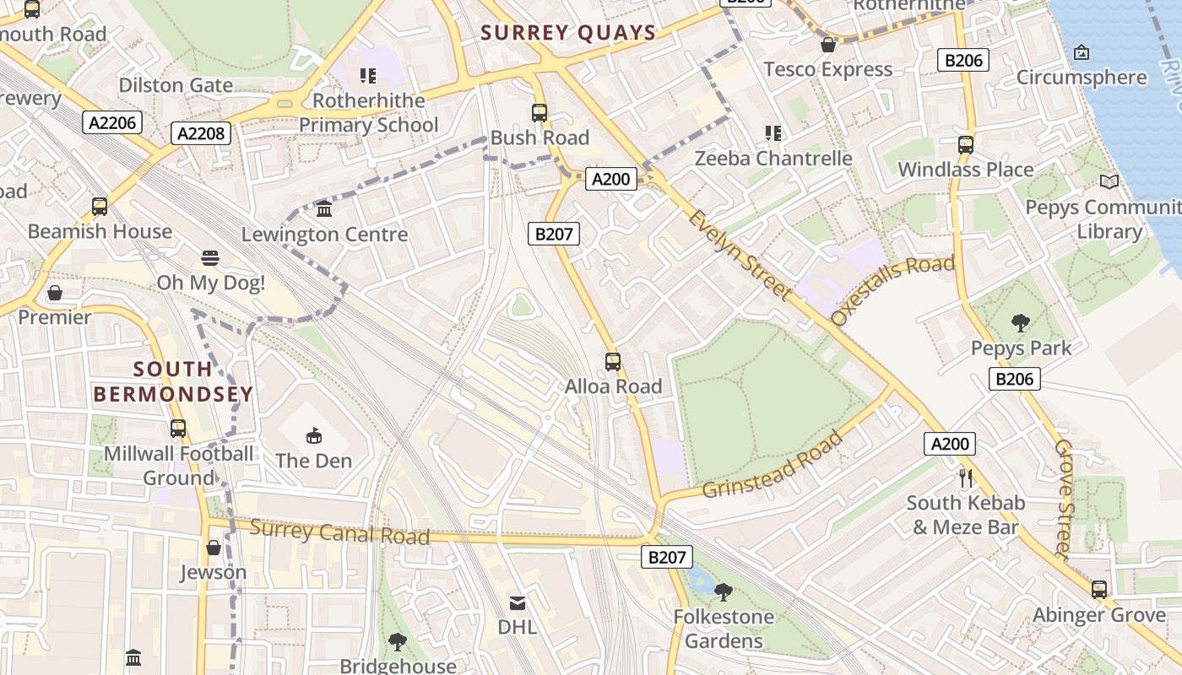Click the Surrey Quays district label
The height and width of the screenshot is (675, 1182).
tap(568, 33)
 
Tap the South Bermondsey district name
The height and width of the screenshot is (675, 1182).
tap(173, 381)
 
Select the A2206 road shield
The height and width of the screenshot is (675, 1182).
tap(112, 123)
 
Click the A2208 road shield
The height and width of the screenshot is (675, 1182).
tap(201, 132)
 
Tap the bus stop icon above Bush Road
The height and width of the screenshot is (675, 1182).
tap(539, 112)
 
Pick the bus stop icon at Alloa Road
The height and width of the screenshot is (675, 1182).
tap(613, 362)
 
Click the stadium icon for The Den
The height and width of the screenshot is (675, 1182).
tap(314, 435)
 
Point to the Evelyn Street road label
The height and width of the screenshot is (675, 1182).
tap(740, 255)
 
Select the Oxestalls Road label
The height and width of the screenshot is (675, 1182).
tap(892, 289)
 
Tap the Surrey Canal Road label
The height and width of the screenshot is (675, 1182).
tap(339, 532)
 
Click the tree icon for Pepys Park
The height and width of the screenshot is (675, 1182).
tap(1021, 322)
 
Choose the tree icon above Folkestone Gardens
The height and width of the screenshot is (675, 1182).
tap(723, 591)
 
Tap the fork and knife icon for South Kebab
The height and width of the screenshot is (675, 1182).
tap(967, 478)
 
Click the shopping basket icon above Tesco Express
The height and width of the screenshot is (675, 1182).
tap(828, 45)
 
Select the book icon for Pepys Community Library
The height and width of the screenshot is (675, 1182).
tap(1109, 181)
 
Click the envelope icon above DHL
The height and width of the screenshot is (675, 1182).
tap(517, 602)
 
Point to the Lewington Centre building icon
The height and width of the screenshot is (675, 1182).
tap(324, 209)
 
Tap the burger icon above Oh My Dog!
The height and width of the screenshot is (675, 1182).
tap(210, 257)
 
